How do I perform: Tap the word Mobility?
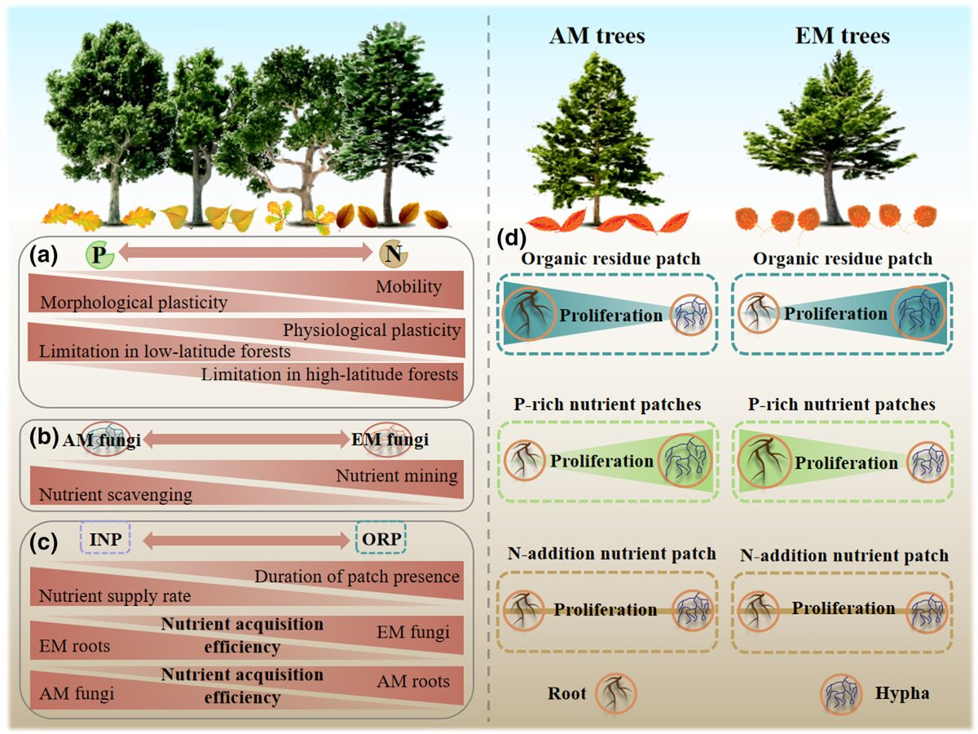408,287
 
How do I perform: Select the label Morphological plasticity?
133,303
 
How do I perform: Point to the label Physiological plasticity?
372,331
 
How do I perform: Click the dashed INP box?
104,539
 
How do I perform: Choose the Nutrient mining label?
397,475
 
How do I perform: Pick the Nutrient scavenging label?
116,494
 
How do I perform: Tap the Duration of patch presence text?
357,577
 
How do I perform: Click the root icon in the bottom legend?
614,695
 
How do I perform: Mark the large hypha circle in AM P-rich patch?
686,461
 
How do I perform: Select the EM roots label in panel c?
74,648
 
